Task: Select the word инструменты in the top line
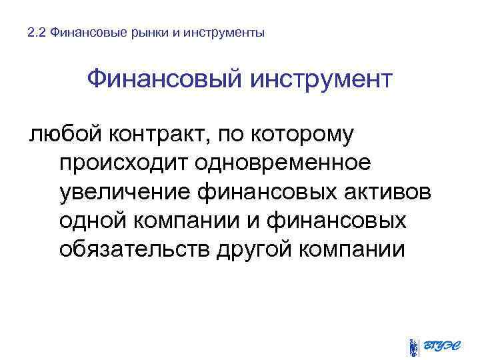pyautogui.click(x=223, y=32)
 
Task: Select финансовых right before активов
pyautogui.click(x=269, y=192)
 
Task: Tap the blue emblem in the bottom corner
pyautogui.click(x=414, y=346)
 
